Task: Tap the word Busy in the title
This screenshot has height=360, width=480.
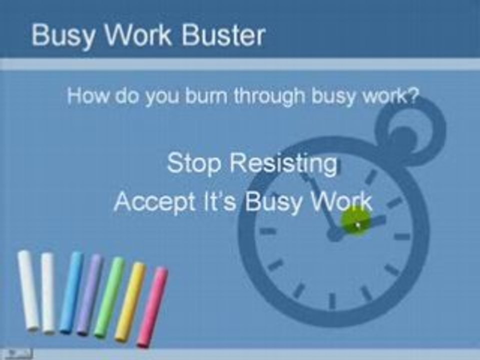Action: (61, 36)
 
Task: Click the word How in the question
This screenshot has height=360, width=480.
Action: (88, 96)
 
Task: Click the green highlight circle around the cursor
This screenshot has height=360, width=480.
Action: (356, 220)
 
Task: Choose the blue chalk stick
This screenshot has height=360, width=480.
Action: (71, 292)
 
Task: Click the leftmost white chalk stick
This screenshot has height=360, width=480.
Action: (28, 290)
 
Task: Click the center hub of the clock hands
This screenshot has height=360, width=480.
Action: (333, 234)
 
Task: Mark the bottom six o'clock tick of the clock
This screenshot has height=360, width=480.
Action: (332, 300)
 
